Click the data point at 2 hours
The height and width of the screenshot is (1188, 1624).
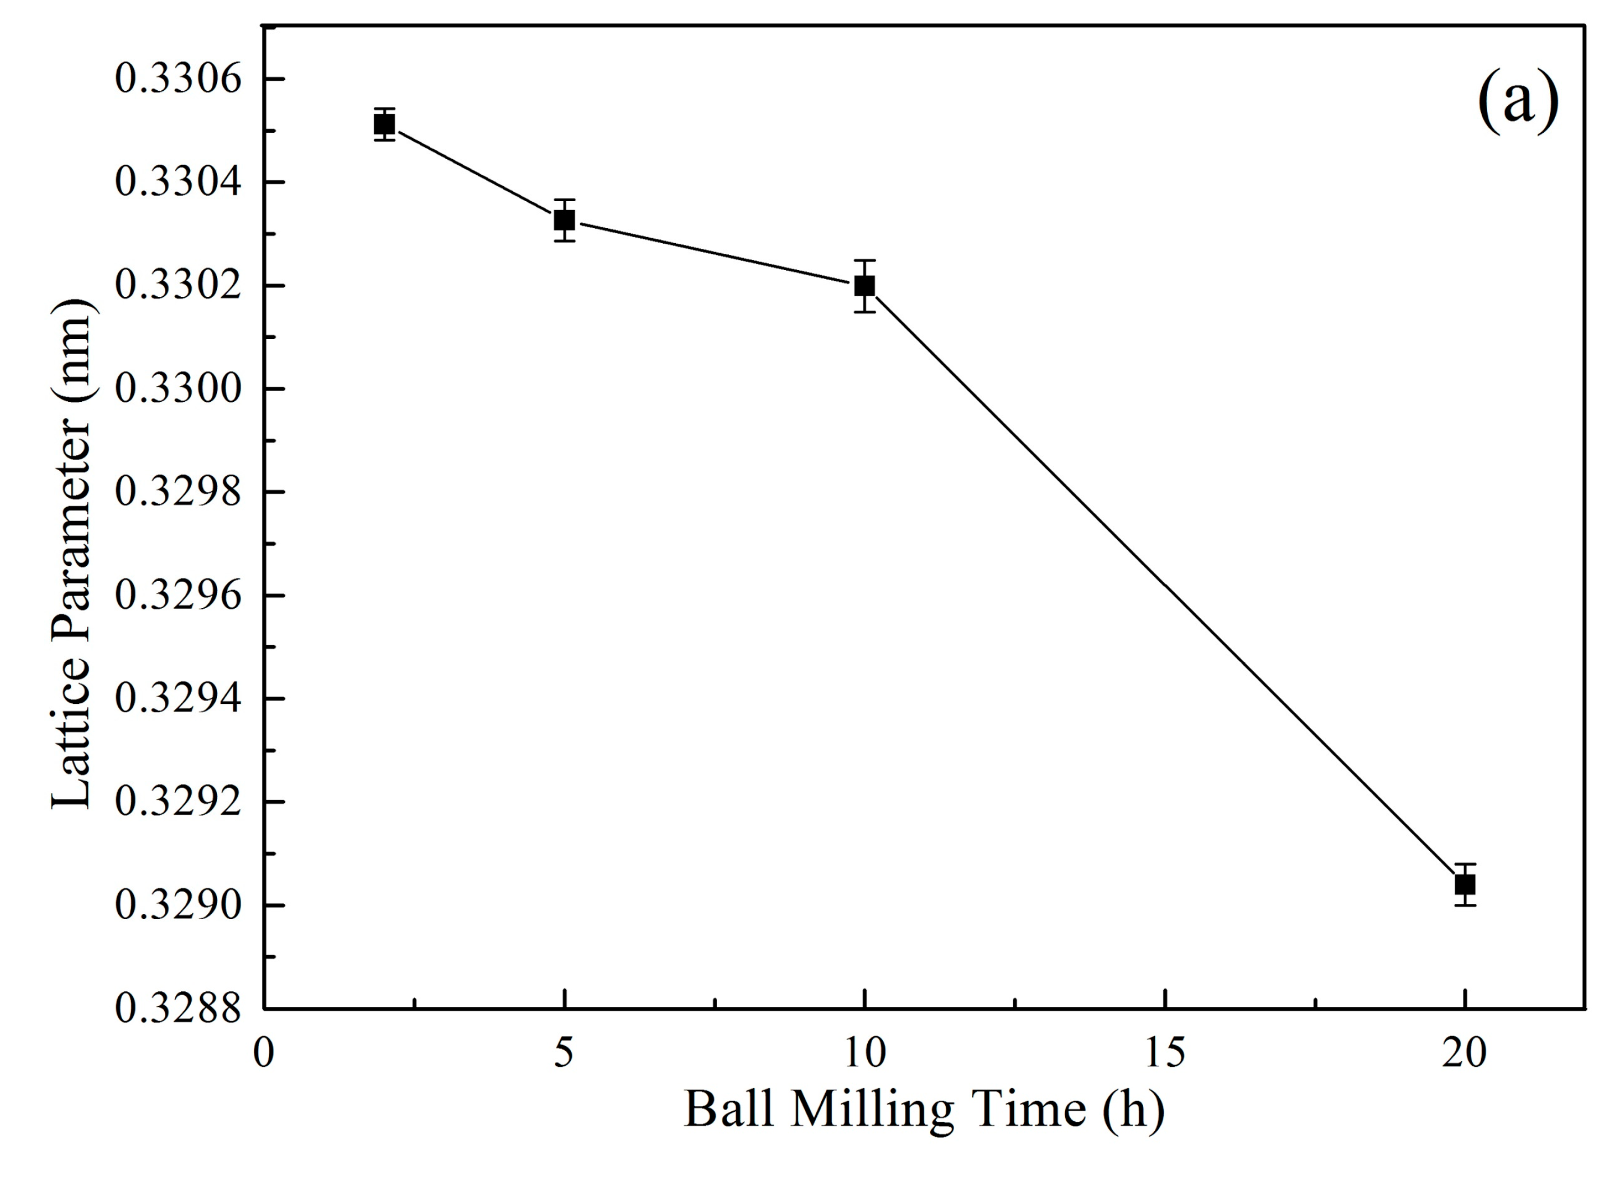(384, 124)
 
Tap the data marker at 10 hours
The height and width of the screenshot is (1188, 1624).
(864, 285)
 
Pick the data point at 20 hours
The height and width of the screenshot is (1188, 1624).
(1465, 884)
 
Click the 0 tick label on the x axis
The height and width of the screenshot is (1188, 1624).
(264, 1054)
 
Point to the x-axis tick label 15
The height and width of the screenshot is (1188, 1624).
(1164, 1054)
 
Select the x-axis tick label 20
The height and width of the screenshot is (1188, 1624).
(1464, 1054)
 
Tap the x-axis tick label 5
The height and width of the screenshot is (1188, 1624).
(565, 1054)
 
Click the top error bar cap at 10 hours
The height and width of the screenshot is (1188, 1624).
(864, 261)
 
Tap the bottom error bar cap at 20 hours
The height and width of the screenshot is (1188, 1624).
(1465, 904)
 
